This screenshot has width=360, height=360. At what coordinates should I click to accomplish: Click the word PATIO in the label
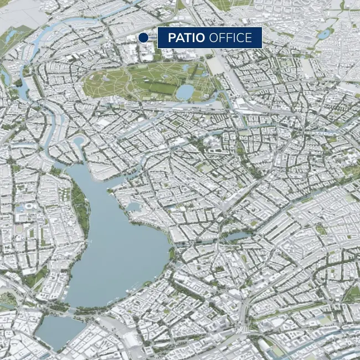click(187, 38)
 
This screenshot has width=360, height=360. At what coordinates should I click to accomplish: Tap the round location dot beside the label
click(143, 38)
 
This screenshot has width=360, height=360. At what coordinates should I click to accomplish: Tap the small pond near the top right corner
click(323, 34)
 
